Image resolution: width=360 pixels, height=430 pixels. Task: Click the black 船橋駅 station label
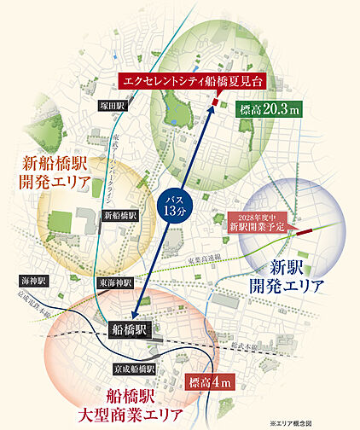coord(130,327)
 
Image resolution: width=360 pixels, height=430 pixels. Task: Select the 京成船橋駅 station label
coord(135,369)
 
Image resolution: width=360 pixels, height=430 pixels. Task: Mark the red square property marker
coord(215,102)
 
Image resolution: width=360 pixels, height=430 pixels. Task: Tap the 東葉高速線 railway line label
coord(204,256)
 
